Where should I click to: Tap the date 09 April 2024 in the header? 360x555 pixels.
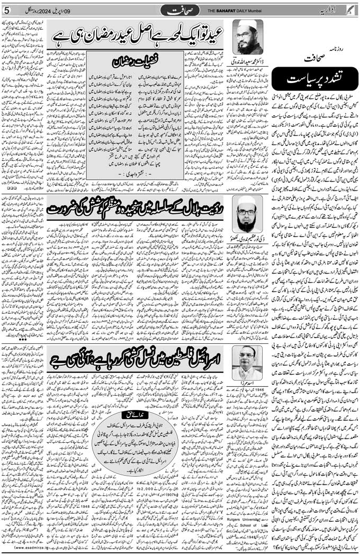coord(58,11)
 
